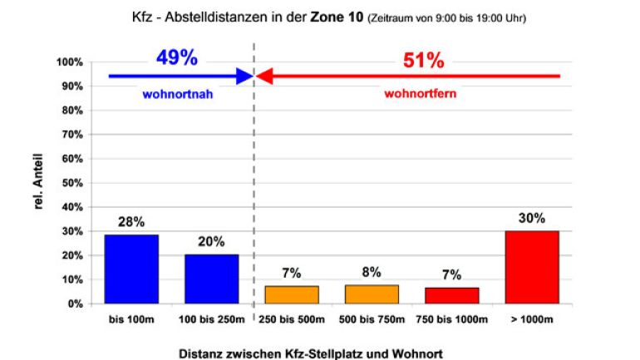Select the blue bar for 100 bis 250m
click(211, 279)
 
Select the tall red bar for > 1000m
click(532, 267)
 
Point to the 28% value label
click(131, 222)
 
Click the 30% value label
click(532, 219)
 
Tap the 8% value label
click(372, 272)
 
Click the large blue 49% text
click(176, 58)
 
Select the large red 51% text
click(424, 60)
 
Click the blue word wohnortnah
click(176, 94)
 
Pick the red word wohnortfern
click(420, 94)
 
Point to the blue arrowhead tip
click(251, 76)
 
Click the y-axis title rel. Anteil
click(38, 183)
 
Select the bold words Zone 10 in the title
click(336, 16)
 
